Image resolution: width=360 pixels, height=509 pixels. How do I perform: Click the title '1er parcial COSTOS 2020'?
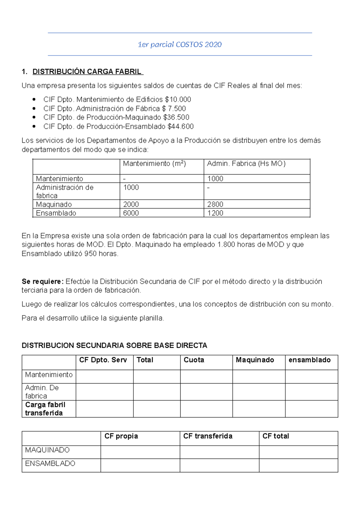pos(179,44)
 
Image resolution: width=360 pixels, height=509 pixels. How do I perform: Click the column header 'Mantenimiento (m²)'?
pos(154,164)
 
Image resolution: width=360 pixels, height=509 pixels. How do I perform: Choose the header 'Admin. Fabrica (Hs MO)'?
pos(246,164)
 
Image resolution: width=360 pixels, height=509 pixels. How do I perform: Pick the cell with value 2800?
pos(215,204)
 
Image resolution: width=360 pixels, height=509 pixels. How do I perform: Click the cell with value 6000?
pos(131,213)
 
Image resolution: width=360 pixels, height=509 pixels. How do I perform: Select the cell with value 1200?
pos(215,213)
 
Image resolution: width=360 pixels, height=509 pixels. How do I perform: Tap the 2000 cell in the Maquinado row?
pos(131,204)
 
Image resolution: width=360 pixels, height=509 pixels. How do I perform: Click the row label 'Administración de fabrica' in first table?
pos(64,191)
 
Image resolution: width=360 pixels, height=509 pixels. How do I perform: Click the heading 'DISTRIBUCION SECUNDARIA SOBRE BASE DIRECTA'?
pos(114,345)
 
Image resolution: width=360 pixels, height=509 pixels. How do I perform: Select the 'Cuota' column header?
pos(194,360)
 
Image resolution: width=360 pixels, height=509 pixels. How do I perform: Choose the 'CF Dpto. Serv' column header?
pos(103,360)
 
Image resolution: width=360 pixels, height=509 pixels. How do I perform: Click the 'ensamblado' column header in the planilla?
pos(309,360)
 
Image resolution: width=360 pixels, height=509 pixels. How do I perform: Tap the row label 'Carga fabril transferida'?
pos(45,409)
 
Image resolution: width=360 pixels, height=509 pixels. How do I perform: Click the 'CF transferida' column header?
pos(208,436)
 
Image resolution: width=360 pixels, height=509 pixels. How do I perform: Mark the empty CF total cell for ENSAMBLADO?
pos(298,465)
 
